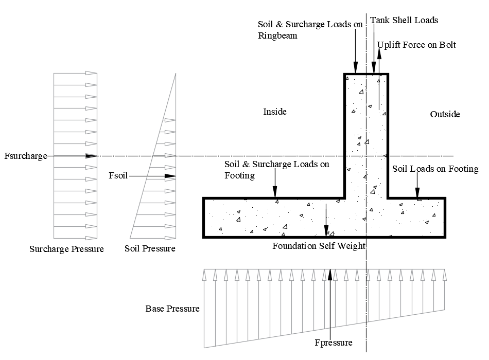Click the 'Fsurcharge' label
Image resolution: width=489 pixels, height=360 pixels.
[x=25, y=155]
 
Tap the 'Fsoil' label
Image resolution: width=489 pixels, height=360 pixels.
[x=118, y=176]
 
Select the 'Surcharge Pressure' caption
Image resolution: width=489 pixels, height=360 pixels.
[x=66, y=249]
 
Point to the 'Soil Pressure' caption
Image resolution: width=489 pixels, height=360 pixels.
[x=150, y=249]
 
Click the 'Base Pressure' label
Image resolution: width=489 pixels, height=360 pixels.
[x=172, y=309]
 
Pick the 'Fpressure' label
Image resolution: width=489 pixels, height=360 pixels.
[x=334, y=343]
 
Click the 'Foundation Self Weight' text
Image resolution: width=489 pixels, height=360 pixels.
[x=319, y=246]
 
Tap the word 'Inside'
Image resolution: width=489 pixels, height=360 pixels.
[x=275, y=112]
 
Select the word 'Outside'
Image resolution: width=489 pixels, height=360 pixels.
[x=445, y=114]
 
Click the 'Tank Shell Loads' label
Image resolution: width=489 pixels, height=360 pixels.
[x=404, y=20]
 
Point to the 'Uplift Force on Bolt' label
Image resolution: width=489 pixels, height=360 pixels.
[x=416, y=45]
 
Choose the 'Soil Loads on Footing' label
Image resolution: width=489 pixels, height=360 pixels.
[x=435, y=169]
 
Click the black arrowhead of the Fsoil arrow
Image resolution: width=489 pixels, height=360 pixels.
[x=170, y=176]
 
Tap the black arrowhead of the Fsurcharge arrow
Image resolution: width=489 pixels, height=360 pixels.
[x=92, y=155]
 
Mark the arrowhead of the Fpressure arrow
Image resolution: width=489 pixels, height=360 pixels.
[x=329, y=273]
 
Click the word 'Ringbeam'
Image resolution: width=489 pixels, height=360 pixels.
[x=277, y=36]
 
